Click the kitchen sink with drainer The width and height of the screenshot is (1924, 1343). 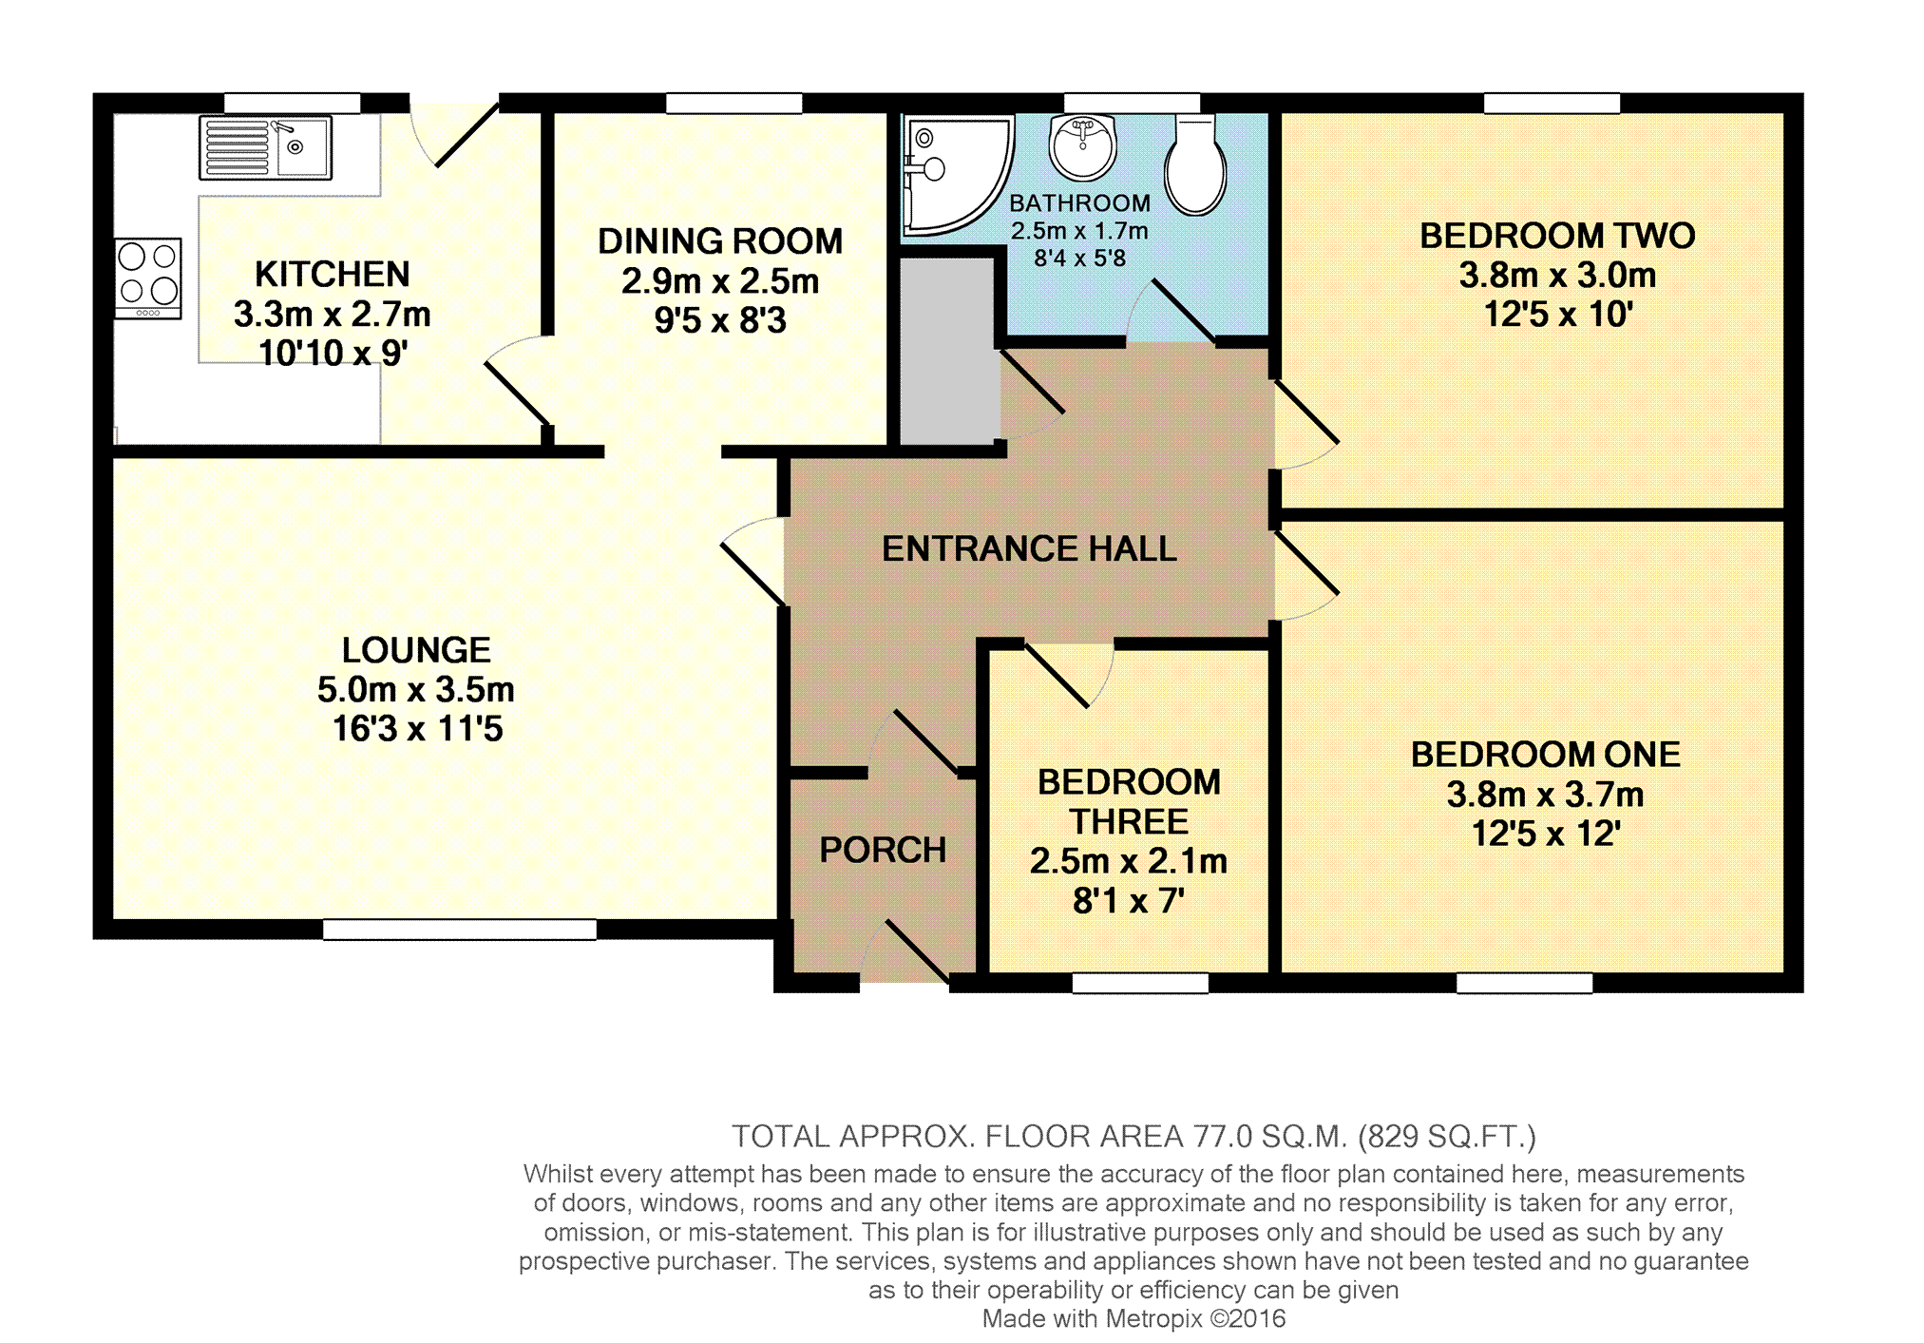coord(265,148)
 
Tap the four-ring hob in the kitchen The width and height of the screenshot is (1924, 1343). coord(148,278)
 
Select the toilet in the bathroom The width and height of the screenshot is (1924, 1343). coord(1195,164)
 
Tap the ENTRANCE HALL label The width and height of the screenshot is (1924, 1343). coord(1029,548)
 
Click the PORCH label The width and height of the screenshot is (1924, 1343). coord(883,850)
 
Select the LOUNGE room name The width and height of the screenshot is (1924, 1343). coord(416,650)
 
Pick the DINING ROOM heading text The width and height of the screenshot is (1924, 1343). coord(720,241)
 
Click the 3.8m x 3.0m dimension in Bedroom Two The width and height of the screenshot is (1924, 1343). coord(1557,276)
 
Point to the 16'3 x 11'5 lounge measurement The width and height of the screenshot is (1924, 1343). coord(417,729)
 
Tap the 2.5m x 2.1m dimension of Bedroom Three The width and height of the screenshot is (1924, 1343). coord(1129,861)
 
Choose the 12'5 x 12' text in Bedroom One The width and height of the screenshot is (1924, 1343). coord(1546,834)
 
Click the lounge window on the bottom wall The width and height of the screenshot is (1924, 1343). coord(460,930)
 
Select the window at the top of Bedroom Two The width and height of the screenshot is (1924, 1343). coord(1552,104)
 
